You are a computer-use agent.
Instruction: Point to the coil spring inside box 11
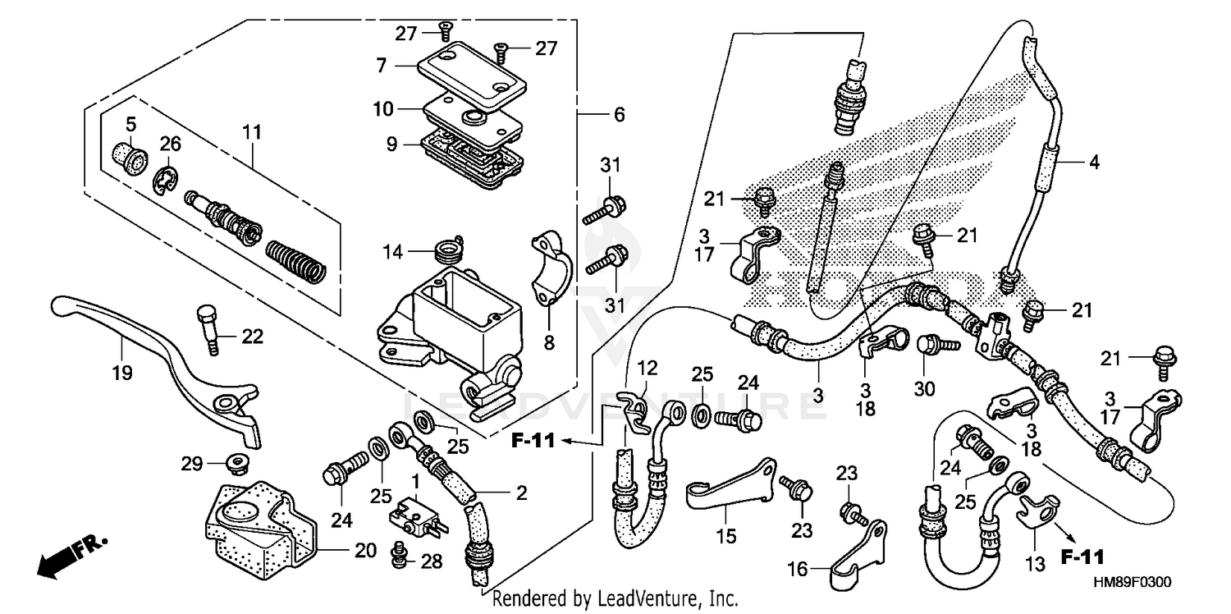tap(296, 258)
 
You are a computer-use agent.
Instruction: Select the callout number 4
tap(1093, 163)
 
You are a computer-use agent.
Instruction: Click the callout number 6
tap(619, 115)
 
